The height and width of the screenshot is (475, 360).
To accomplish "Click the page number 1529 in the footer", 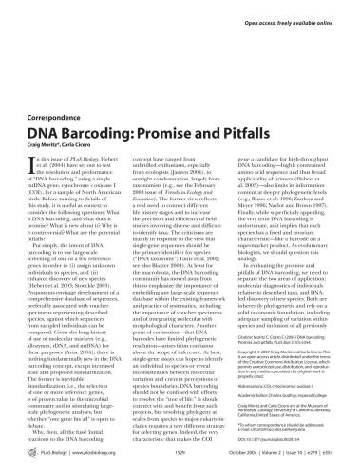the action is pos(180,456).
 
